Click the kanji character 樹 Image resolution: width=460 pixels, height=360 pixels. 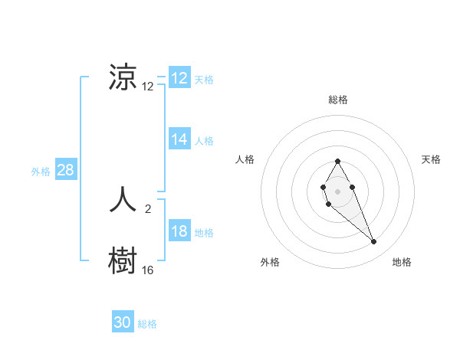123,261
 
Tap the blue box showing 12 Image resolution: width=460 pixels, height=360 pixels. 179,78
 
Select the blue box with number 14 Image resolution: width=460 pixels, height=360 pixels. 179,139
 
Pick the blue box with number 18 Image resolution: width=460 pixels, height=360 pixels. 179,231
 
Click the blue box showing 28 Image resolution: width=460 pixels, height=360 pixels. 65,170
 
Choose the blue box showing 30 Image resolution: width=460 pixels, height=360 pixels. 123,322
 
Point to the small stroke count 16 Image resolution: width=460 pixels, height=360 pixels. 148,270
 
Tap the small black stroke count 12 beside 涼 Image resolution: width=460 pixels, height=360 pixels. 148,87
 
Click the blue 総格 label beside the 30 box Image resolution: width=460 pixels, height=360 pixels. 147,324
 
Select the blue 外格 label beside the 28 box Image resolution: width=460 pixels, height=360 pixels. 41,172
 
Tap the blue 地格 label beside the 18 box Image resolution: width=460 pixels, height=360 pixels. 204,233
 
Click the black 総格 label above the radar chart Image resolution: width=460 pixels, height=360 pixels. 338,100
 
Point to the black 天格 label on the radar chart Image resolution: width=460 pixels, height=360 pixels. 432,159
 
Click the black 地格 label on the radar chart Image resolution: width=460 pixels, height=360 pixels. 402,262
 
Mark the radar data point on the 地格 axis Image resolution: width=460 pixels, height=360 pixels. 374,242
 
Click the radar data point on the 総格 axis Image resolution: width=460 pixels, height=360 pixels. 337,161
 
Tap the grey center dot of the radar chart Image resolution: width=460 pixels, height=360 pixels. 337,190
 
